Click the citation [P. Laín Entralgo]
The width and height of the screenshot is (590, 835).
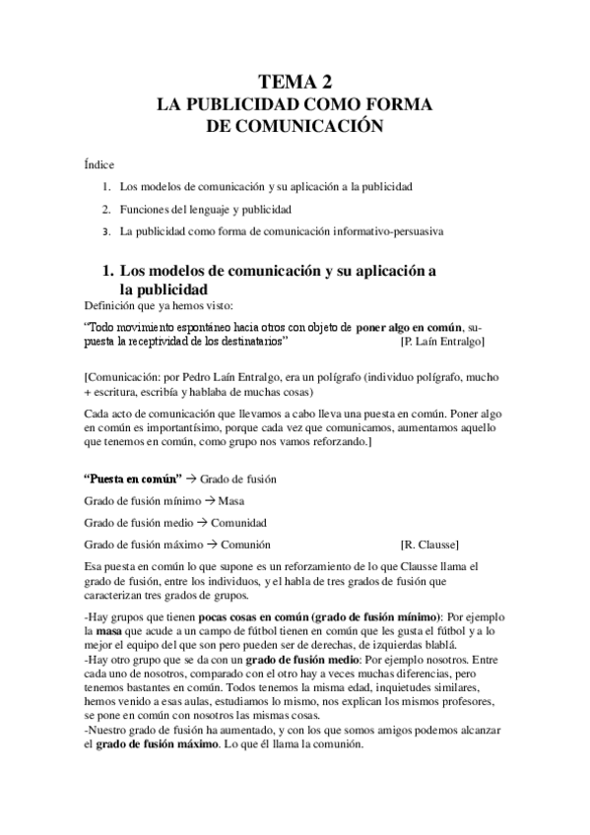pyautogui.click(x=442, y=341)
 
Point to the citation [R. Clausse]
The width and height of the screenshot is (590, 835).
pyautogui.click(x=429, y=545)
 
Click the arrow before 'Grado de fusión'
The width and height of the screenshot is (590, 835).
pyautogui.click(x=192, y=479)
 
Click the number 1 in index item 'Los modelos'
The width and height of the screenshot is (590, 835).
pyautogui.click(x=105, y=185)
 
